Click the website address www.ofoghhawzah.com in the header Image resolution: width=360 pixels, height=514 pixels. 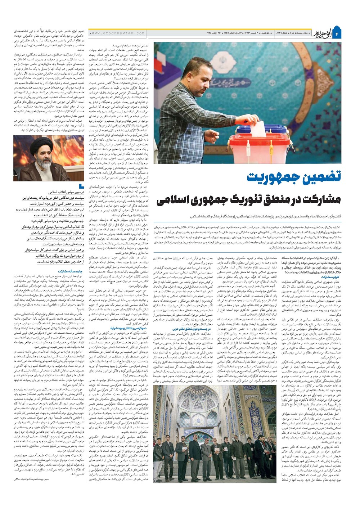(x=118, y=33)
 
